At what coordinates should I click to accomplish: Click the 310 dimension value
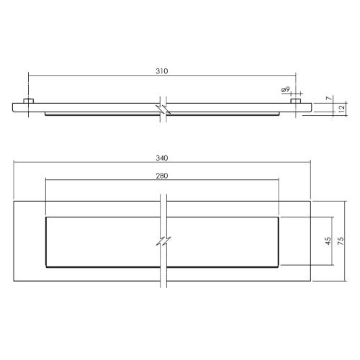(161, 71)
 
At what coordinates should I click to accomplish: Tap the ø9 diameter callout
(286, 89)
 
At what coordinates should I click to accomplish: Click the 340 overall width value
(161, 158)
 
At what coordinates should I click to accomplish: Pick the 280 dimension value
(161, 176)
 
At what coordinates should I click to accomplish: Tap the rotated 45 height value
(328, 242)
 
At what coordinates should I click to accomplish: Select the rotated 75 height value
(343, 242)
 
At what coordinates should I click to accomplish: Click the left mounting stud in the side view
(28, 102)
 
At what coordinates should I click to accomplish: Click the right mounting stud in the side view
(294, 102)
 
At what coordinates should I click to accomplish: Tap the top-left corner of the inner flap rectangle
(45, 217)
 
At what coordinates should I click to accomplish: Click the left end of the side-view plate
(13, 108)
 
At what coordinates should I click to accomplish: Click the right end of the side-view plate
(311, 108)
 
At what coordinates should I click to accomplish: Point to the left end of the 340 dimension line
(13, 163)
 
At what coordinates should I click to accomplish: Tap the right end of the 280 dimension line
(277, 181)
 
